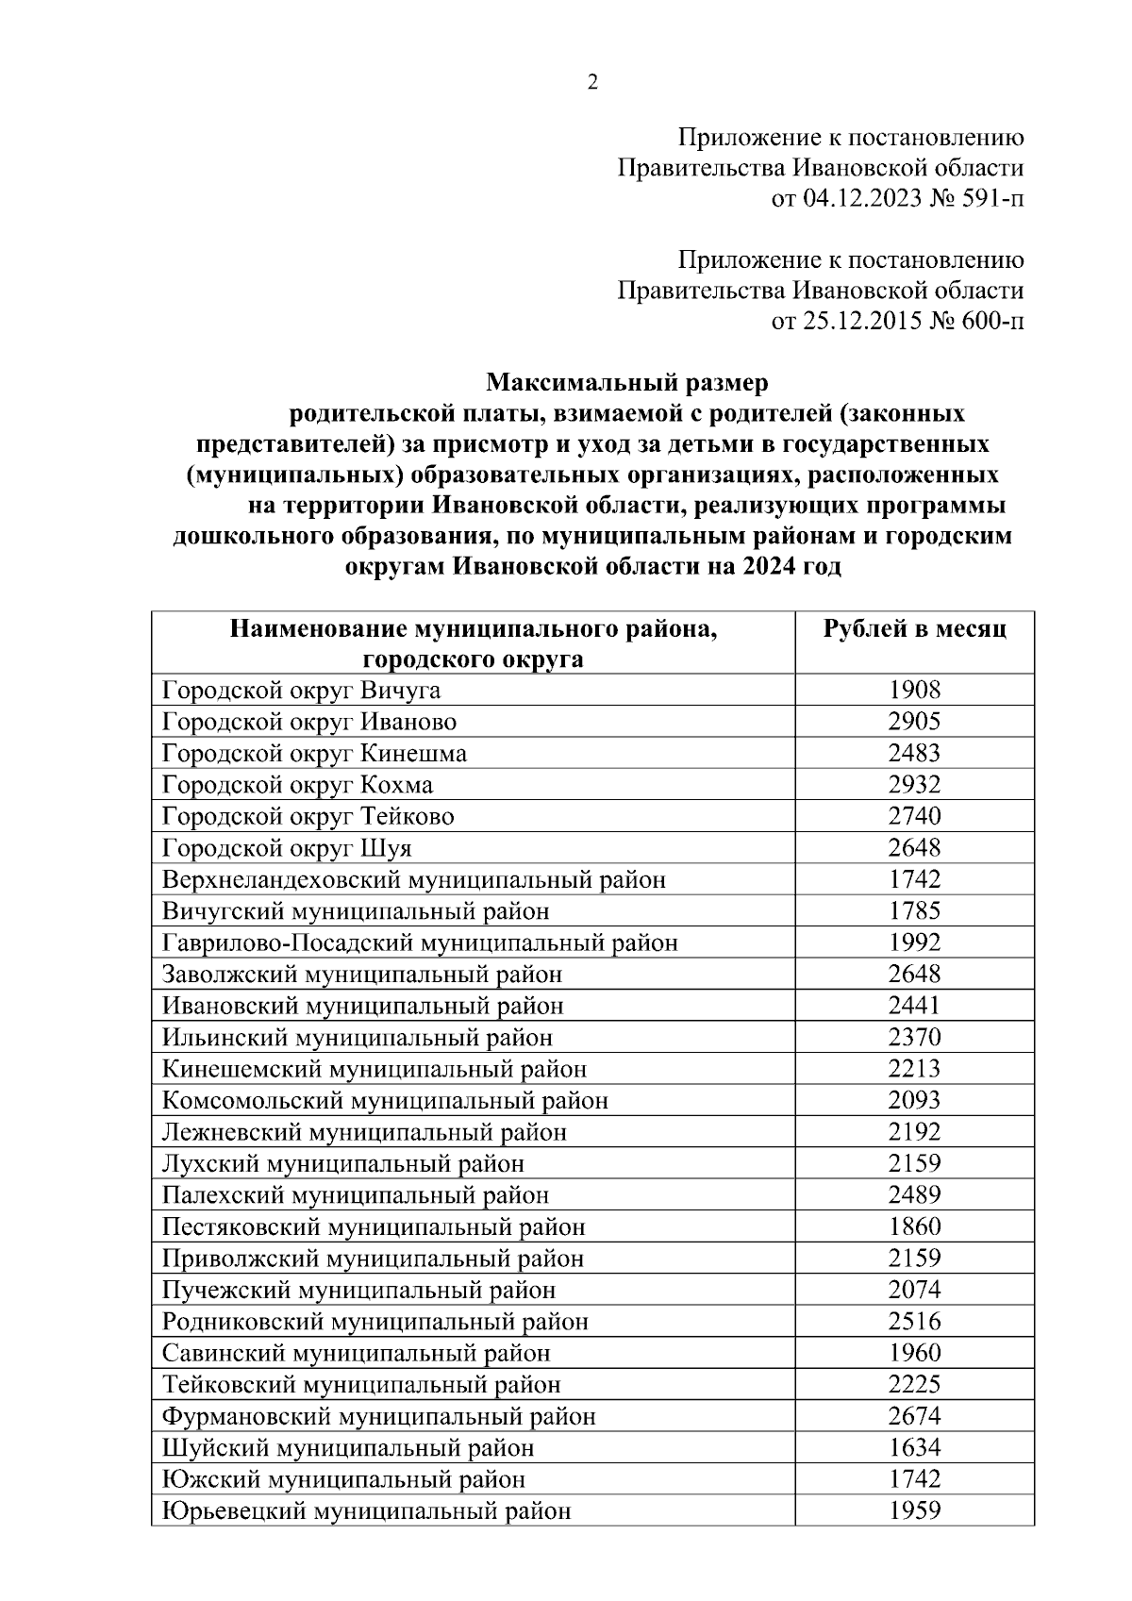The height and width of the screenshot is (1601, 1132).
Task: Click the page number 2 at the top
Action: [x=592, y=83]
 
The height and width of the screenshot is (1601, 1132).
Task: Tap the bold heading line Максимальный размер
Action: [x=627, y=383]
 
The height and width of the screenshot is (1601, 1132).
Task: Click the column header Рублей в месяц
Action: [x=914, y=629]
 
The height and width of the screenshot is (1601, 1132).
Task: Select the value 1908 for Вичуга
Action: [x=914, y=691]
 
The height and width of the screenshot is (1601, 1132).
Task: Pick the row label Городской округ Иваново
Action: [x=309, y=723]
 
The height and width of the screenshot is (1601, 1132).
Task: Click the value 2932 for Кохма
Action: [x=914, y=785]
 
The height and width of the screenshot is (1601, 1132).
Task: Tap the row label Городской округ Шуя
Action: [x=287, y=848]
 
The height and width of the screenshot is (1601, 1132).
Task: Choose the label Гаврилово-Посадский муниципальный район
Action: [x=420, y=942]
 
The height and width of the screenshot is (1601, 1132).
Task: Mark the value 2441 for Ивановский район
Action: [x=914, y=1006]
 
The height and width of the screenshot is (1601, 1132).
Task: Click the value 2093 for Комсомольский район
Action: [x=914, y=1100]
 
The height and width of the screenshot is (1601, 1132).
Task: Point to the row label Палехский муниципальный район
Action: [x=356, y=1195]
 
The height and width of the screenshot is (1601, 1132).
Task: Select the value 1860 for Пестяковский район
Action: [x=914, y=1226]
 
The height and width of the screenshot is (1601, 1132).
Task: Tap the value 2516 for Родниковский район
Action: [x=914, y=1321]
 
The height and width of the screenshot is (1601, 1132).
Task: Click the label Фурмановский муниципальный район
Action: [x=378, y=1416]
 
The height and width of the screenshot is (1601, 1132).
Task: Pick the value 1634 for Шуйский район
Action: [x=914, y=1447]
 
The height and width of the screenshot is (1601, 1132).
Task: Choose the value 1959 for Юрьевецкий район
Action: [x=914, y=1510]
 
